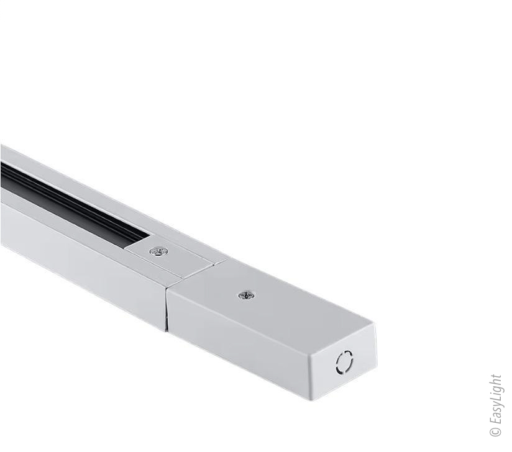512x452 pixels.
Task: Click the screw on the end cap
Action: pyautogui.click(x=247, y=296)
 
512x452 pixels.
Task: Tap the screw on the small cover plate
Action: pyautogui.click(x=158, y=251)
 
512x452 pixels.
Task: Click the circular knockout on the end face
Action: pyautogui.click(x=344, y=361)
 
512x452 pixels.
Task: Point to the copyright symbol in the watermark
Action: pyautogui.click(x=496, y=432)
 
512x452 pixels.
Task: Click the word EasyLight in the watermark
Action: pyautogui.click(x=496, y=399)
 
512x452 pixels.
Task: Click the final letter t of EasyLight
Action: pyautogui.click(x=496, y=376)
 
